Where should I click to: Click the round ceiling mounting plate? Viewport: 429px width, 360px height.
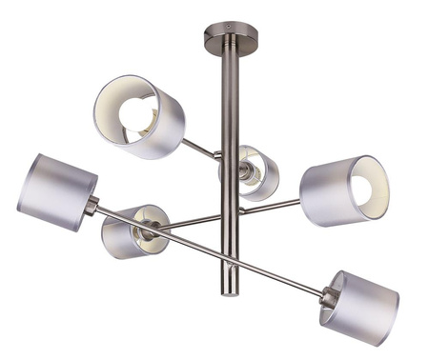[230, 43]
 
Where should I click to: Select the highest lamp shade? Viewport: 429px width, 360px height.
[141, 116]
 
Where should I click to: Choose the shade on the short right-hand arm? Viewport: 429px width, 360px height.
[343, 190]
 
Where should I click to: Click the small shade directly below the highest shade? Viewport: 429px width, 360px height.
[136, 231]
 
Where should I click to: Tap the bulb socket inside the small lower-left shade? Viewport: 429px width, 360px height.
[148, 230]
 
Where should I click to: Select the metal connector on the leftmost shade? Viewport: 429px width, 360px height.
[92, 204]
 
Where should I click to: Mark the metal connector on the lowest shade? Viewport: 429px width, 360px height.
[328, 296]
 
